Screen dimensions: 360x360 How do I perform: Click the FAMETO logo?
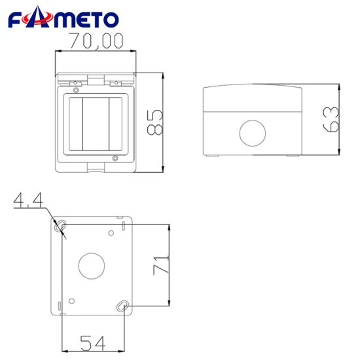[63, 20]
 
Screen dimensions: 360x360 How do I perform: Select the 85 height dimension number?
[154, 122]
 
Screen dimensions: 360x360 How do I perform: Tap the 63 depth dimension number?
[332, 119]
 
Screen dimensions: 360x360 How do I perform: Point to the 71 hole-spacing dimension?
[162, 265]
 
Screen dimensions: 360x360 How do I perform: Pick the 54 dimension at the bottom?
[93, 342]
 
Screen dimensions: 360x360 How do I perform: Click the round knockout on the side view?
[251, 133]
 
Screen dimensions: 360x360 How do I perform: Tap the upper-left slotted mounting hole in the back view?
[61, 226]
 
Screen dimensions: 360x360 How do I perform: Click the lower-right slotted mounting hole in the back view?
[122, 306]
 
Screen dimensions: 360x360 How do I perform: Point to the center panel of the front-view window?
[94, 122]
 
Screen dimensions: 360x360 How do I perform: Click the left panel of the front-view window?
[73, 122]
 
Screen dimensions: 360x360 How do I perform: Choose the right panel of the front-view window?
[115, 122]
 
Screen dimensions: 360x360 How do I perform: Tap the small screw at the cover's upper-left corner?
[76, 90]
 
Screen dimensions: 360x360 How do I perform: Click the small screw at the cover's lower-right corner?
[115, 158]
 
